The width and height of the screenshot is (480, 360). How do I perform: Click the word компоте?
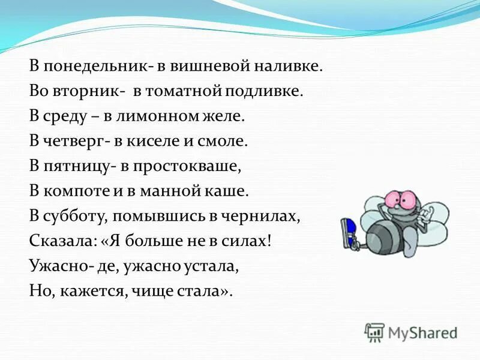point(69,191)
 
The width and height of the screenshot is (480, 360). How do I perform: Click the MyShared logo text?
point(422,332)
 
